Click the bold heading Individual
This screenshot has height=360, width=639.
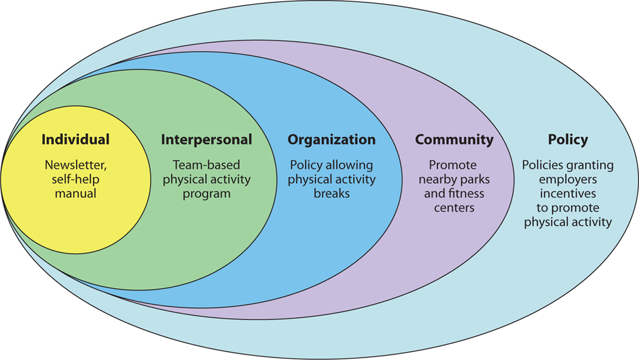(x=75, y=139)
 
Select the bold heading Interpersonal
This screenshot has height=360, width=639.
(x=206, y=139)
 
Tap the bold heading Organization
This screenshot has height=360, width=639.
(x=332, y=139)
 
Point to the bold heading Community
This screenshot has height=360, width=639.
(x=454, y=139)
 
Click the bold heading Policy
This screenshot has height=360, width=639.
(x=568, y=139)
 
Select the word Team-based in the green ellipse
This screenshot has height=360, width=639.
(x=206, y=165)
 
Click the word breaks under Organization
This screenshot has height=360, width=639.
(x=332, y=193)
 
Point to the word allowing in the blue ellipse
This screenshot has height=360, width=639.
(x=353, y=165)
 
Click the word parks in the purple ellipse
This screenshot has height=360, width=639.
(x=475, y=179)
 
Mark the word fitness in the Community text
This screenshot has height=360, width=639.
(x=466, y=194)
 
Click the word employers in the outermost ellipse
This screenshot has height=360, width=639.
(x=568, y=179)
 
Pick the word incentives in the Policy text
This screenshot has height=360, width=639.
(x=568, y=194)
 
